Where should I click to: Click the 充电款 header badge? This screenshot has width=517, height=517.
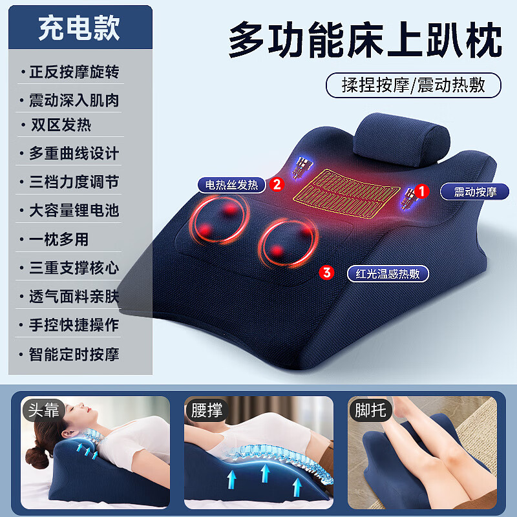click(78, 28)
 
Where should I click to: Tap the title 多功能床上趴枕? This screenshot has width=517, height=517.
click(365, 40)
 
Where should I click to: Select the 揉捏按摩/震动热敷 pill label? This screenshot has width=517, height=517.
click(413, 85)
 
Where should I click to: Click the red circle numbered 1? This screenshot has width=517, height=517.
click(422, 191)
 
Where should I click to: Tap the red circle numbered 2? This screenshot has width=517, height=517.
click(277, 184)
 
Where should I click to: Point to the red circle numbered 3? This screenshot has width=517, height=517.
click(327, 273)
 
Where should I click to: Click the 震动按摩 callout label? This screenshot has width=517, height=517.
click(476, 191)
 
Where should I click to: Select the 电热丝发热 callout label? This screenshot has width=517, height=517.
click(231, 185)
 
